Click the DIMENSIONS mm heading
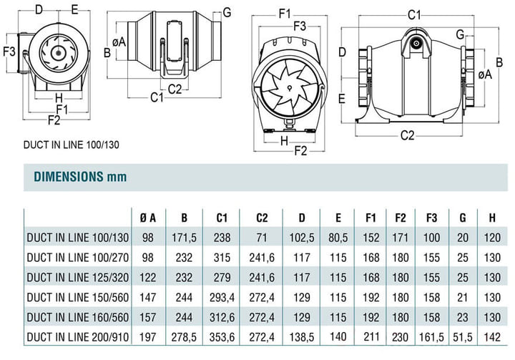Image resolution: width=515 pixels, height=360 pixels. tap(80, 177)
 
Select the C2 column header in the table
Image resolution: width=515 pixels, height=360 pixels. tap(262, 218)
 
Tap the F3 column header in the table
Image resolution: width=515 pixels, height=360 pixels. tap(431, 218)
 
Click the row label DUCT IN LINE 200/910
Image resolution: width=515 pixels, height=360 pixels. tap(77, 337)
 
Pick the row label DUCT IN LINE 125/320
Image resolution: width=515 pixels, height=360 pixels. tap(77, 278)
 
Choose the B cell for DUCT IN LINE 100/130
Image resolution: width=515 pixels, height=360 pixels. tap(184, 238)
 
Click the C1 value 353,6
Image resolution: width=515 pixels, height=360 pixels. tap(222, 337)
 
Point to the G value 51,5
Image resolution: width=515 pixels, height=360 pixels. tap(463, 337)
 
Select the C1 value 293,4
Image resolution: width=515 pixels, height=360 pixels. tap(222, 298)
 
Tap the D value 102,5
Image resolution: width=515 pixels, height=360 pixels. tap(302, 238)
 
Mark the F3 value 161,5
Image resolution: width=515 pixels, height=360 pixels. tap(431, 337)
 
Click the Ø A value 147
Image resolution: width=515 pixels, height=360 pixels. tap(148, 298)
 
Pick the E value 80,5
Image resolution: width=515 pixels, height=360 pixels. tap(338, 238)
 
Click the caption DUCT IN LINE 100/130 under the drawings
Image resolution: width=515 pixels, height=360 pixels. tap(72, 145)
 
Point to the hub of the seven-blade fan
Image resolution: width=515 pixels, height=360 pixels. tap(289, 88)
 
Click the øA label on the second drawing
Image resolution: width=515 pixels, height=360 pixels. tap(119, 42)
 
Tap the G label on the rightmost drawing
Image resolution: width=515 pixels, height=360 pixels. tap(461, 34)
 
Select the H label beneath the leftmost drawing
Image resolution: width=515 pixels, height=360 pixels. tap(59, 97)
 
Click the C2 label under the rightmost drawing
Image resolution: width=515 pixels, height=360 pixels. tap(407, 135)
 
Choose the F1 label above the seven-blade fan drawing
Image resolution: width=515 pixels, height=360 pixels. tap(285, 14)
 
